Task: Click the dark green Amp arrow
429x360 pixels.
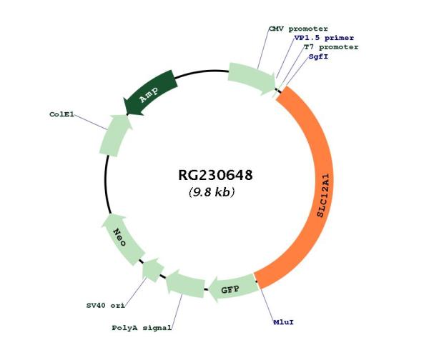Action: tap(151, 93)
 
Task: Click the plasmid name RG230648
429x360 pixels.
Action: tap(215, 175)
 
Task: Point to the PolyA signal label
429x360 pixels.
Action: tap(142, 328)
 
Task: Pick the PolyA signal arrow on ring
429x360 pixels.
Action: tap(184, 286)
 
